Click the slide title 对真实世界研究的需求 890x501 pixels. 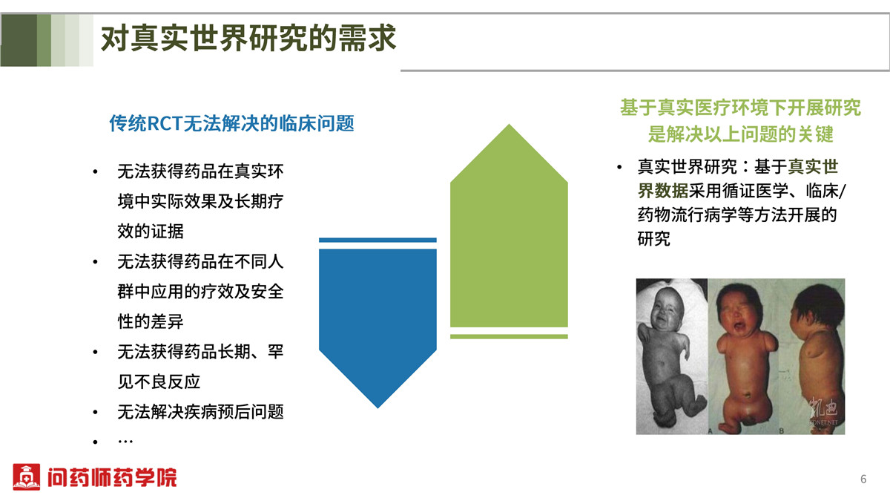(x=248, y=38)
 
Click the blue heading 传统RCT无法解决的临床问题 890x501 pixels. (x=231, y=123)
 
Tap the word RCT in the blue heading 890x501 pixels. (x=165, y=124)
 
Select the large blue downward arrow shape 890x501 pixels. (x=378, y=328)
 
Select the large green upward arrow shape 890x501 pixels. (x=509, y=226)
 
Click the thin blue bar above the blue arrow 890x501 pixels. (x=378, y=240)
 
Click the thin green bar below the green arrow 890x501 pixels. (x=509, y=337)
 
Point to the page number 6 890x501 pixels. (x=863, y=479)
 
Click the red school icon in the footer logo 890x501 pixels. (x=26, y=477)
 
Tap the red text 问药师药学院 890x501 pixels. (x=112, y=477)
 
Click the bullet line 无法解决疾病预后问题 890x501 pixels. (x=201, y=412)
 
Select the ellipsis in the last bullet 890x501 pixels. (x=125, y=442)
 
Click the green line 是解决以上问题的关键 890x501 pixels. (x=741, y=134)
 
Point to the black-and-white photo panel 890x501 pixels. (x=672, y=356)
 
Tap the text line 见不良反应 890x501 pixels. (x=159, y=382)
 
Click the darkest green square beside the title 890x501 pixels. (x=19, y=40)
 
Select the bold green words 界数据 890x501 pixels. (x=663, y=191)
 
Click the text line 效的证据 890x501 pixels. (x=151, y=232)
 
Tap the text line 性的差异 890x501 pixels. (x=151, y=321)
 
